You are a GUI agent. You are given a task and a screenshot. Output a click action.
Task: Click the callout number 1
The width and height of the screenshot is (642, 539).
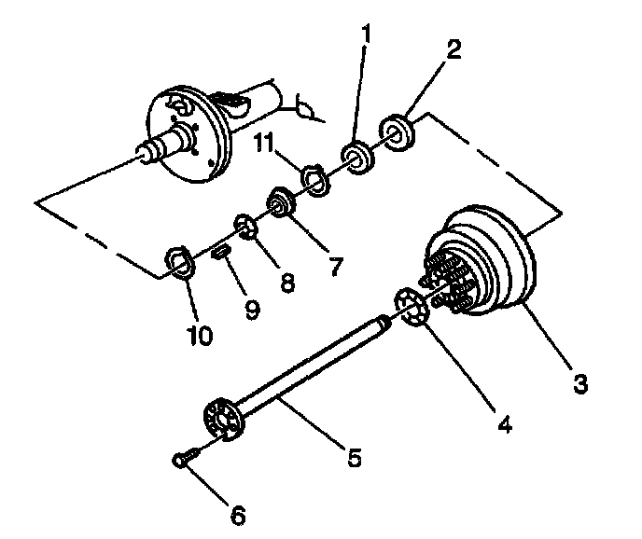[368, 35]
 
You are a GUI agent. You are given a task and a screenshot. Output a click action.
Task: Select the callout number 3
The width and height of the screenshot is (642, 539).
[579, 383]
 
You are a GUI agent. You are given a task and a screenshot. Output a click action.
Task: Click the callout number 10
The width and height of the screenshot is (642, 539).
[200, 333]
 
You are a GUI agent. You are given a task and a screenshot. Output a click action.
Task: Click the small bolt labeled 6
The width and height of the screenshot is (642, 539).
[184, 457]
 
